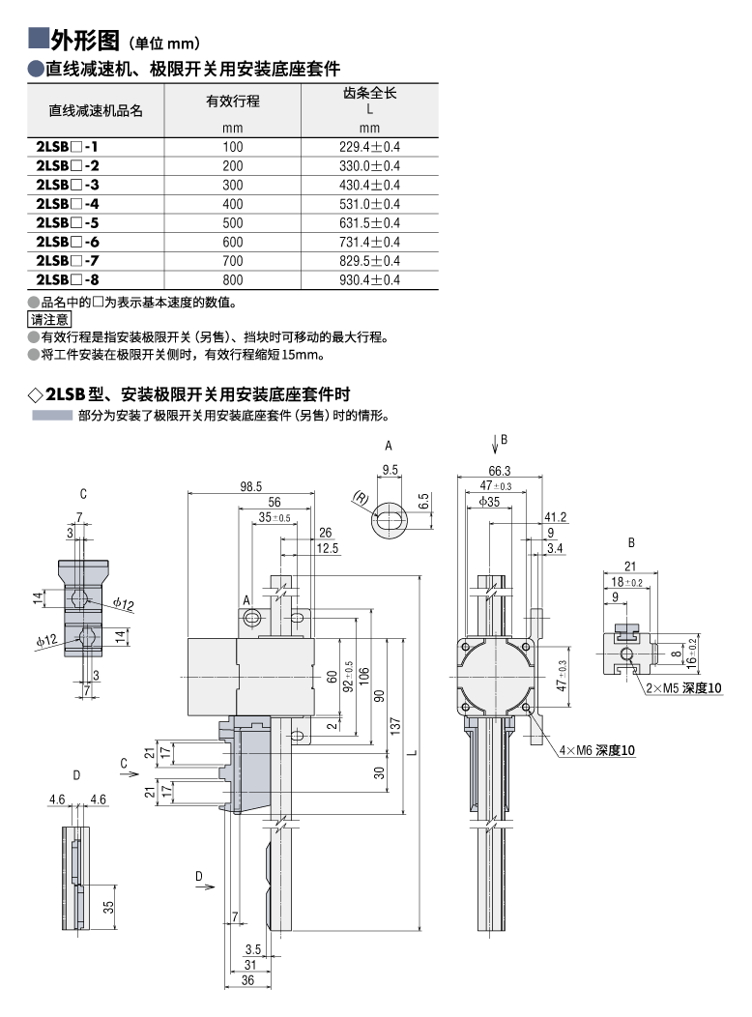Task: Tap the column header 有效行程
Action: [233, 102]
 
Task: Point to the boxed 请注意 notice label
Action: [49, 319]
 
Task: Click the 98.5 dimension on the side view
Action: [251, 486]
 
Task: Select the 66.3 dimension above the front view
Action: [500, 470]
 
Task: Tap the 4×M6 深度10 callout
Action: [596, 750]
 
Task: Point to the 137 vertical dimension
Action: [397, 726]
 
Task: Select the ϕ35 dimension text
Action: [489, 502]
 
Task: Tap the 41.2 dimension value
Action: [555, 516]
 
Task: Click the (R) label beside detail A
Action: [362, 500]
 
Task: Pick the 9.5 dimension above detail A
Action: [391, 470]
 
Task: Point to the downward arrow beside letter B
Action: [493, 443]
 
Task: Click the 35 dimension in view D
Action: [109, 907]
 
